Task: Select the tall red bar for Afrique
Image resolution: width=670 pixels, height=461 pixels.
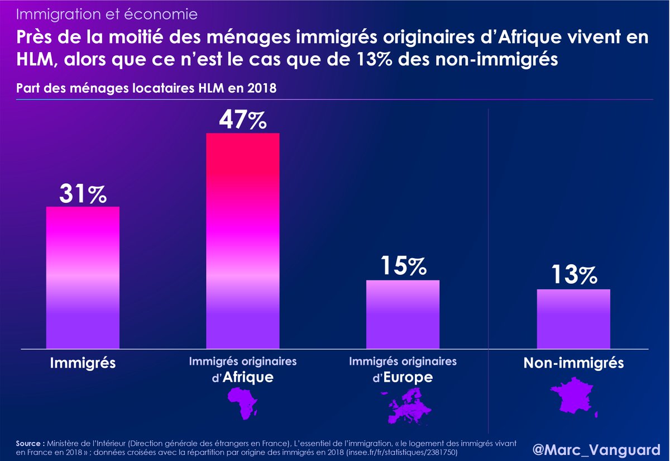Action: (x=243, y=240)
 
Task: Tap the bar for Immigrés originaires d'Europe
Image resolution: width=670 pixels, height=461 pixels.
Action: (x=403, y=315)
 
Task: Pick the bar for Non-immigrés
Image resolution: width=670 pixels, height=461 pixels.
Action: (x=573, y=319)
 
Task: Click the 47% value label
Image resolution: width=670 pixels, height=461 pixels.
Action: (x=242, y=120)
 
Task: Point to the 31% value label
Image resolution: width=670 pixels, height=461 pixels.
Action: (x=83, y=194)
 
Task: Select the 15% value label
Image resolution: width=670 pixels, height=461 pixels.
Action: (x=402, y=267)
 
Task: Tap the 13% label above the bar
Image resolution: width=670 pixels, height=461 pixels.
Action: (x=573, y=275)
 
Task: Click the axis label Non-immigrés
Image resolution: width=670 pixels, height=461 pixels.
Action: (x=573, y=363)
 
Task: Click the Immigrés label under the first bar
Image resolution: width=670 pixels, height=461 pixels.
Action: (x=83, y=363)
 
